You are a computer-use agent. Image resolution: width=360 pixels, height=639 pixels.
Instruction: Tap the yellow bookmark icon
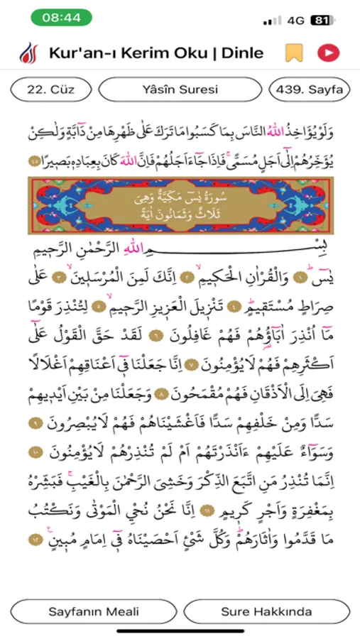coord(292,53)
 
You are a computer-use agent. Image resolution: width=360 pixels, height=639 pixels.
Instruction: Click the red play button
coord(328,53)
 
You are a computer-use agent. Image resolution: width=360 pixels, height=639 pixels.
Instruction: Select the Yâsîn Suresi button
coord(180,90)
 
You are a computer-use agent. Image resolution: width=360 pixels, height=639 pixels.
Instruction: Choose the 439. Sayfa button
coord(310,90)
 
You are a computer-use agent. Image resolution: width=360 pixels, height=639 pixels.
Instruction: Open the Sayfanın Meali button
coord(94,611)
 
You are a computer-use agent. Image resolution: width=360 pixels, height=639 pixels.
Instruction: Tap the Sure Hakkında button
coord(266,611)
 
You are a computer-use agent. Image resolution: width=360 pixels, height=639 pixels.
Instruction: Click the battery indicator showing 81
coord(321,21)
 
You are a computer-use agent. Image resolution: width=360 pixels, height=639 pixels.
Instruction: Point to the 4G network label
coord(296,21)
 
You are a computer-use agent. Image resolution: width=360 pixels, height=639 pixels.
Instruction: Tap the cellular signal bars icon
coord(272,21)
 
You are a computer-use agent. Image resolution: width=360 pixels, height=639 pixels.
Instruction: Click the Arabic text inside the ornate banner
coord(179,205)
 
